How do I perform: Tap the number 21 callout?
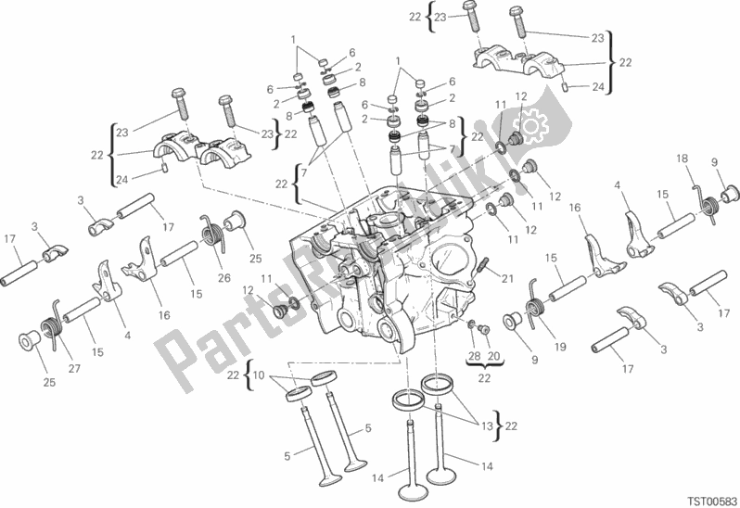pyautogui.click(x=507, y=279)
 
